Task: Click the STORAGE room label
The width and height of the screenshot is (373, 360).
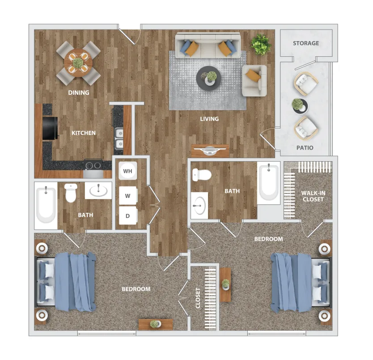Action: coord(306,43)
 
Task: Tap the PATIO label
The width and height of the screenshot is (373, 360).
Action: coord(305,148)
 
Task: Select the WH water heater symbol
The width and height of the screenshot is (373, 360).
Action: coord(128,171)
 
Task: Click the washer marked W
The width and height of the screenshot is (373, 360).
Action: coord(128,196)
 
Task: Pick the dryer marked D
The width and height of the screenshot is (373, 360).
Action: coord(128,216)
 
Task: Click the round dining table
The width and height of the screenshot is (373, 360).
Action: coord(78,63)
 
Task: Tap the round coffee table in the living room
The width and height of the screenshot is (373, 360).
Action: coord(208,78)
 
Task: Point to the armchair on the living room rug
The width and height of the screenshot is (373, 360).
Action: coord(254,81)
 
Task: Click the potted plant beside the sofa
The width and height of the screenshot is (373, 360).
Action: coord(261,45)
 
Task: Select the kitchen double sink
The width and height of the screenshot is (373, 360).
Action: coord(119,138)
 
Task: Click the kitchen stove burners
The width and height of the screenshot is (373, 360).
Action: coord(93,165)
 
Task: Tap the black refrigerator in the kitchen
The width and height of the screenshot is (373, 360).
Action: coord(50,129)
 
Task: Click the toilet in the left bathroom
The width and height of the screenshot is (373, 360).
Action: coord(71,193)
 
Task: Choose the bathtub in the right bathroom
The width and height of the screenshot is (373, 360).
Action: coord(269,183)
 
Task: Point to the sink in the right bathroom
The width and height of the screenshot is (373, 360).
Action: coord(199,205)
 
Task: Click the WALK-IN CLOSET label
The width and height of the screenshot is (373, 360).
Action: coord(313,196)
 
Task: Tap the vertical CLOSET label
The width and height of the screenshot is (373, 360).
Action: coord(198,298)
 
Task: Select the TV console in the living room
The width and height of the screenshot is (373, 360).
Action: coord(210,151)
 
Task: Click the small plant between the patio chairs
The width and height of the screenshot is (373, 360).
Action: coord(299,106)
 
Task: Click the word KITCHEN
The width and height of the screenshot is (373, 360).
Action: coord(84,133)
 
